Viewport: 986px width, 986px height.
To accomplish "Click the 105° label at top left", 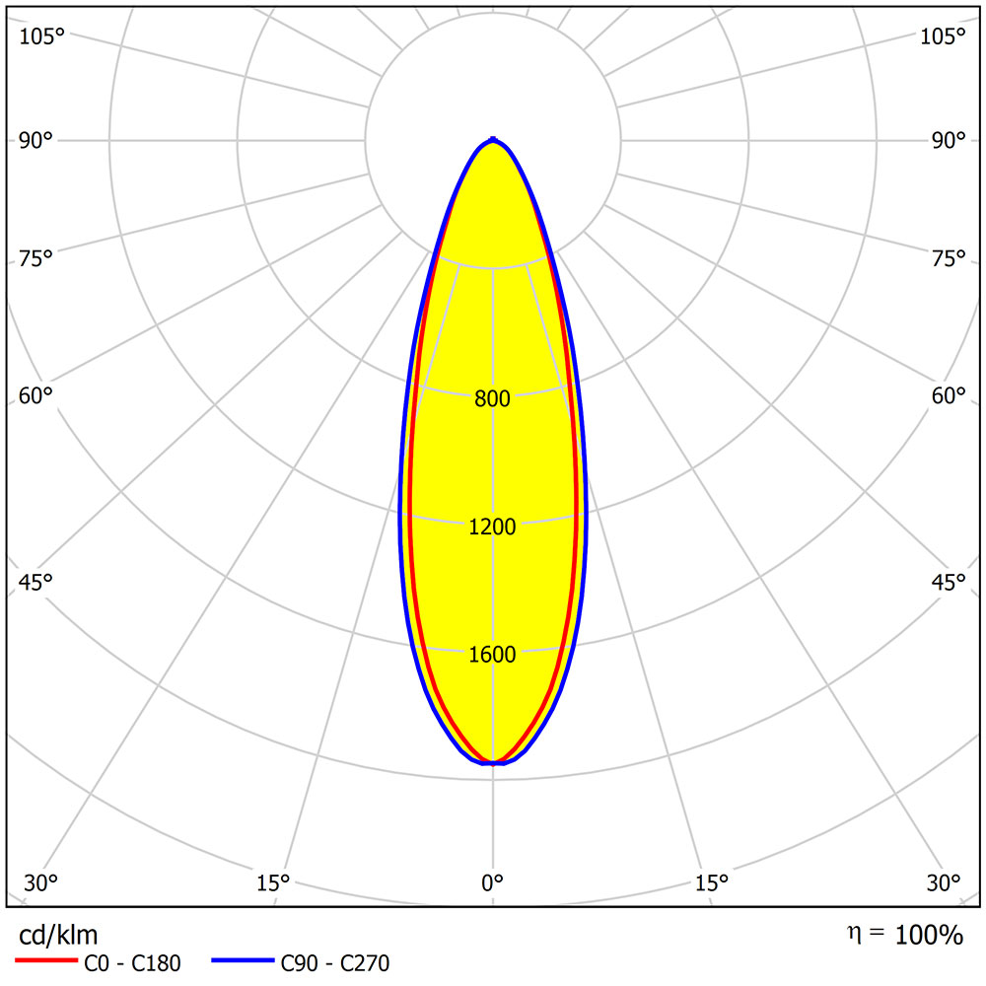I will click(x=42, y=36).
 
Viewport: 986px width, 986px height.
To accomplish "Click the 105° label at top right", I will click(x=943, y=36).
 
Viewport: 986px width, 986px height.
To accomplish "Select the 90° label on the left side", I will click(x=36, y=140).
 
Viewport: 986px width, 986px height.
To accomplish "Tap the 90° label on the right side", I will click(x=949, y=140).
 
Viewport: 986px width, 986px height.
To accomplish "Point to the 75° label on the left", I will click(x=36, y=259).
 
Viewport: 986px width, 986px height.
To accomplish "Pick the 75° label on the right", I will click(x=949, y=259).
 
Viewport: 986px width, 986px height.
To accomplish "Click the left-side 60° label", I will click(x=36, y=395).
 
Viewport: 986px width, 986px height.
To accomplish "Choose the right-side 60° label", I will click(x=949, y=395).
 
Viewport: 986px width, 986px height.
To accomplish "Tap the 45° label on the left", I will click(x=36, y=582).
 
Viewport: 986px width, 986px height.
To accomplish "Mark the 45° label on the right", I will click(x=949, y=582).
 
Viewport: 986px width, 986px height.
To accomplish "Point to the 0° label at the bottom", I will click(x=493, y=881).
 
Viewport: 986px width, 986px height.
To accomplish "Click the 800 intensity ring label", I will click(x=493, y=399).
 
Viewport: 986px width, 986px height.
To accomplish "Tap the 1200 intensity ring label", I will click(x=493, y=527).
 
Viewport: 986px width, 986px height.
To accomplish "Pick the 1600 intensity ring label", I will click(x=493, y=655).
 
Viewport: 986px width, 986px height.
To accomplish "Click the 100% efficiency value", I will click(x=929, y=935).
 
